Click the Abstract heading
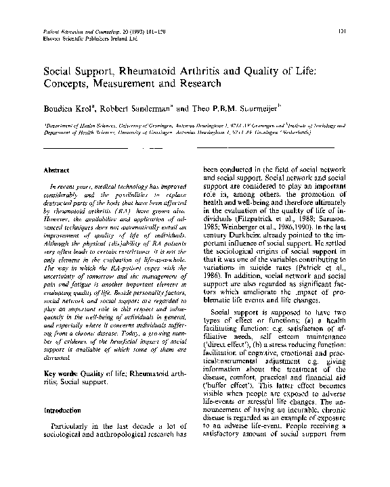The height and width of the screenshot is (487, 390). coord(57,171)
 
